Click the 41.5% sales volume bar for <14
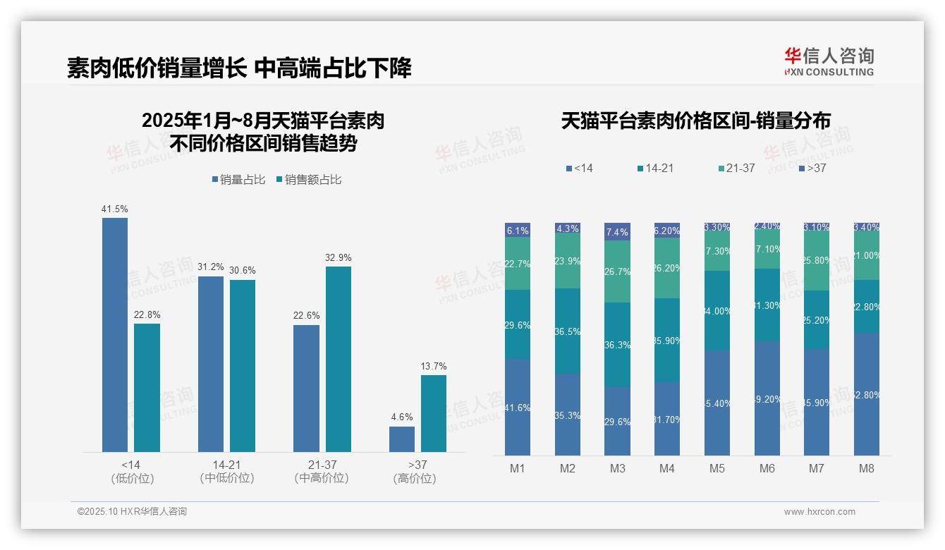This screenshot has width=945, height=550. (x=115, y=334)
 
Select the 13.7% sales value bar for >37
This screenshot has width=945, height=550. (x=434, y=413)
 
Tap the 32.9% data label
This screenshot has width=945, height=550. (x=339, y=257)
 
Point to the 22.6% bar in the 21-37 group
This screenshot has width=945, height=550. (x=306, y=388)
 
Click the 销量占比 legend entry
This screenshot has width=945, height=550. (x=238, y=180)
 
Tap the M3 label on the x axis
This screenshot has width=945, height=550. (x=617, y=468)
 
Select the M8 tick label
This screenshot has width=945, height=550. (x=867, y=468)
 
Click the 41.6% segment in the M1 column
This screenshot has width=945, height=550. (x=518, y=407)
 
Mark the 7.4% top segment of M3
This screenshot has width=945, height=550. (x=617, y=232)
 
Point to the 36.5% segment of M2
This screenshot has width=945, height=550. (x=568, y=331)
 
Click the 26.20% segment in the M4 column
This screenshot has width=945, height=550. (x=667, y=268)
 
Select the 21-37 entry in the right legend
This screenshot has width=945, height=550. (x=736, y=169)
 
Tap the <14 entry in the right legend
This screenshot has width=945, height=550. (x=579, y=169)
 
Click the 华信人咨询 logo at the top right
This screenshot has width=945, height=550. (x=829, y=61)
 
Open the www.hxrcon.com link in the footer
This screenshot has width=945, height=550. (x=819, y=512)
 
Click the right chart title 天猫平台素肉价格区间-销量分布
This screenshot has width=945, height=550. (x=695, y=121)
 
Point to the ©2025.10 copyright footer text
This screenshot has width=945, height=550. (x=132, y=512)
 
